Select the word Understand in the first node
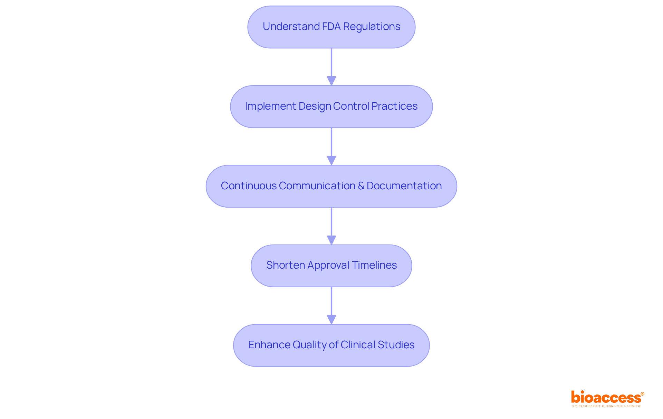291,27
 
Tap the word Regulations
372,27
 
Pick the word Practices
394,106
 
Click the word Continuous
249,186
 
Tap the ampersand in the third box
361,186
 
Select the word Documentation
404,186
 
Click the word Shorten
286,265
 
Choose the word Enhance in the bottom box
269,345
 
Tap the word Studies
396,345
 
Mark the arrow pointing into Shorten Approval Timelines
331,226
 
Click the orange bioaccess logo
606,398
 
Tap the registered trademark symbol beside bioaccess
642,394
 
